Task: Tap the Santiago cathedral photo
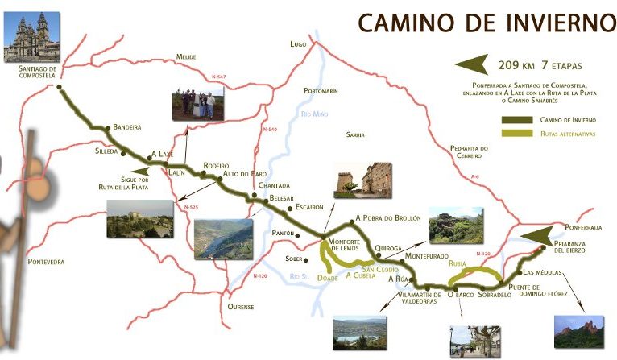pyautogui.click(x=31, y=37)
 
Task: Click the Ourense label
pyautogui.click(x=240, y=307)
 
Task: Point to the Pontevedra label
pyautogui.click(x=45, y=262)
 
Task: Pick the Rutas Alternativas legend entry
pyautogui.click(x=567, y=134)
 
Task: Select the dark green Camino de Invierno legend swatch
pyautogui.click(x=516, y=120)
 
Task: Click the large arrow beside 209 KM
pyautogui.click(x=474, y=65)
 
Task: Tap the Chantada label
pyautogui.click(x=274, y=186)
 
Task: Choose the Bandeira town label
pyautogui.click(x=127, y=127)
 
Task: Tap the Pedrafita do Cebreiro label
pyautogui.click(x=469, y=152)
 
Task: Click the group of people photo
pyautogui.click(x=198, y=104)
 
